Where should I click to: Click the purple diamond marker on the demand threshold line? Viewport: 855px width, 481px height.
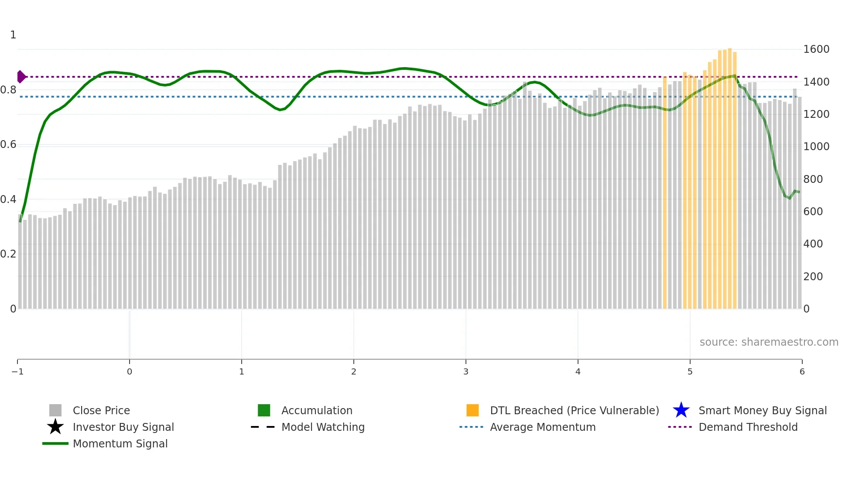21,77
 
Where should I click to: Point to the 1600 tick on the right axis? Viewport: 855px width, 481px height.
816,49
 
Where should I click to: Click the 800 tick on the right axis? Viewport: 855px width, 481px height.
813,179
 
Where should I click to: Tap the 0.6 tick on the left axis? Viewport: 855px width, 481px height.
8,144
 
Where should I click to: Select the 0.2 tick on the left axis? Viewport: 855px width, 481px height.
8,254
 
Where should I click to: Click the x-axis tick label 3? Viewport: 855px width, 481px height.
466,372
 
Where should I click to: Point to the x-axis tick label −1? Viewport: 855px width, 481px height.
17,372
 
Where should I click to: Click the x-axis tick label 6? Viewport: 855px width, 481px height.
802,372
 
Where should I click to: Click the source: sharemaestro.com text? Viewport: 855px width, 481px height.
769,342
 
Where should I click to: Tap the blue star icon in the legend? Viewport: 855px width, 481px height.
681,410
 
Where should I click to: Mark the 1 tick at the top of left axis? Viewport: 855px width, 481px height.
13,35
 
